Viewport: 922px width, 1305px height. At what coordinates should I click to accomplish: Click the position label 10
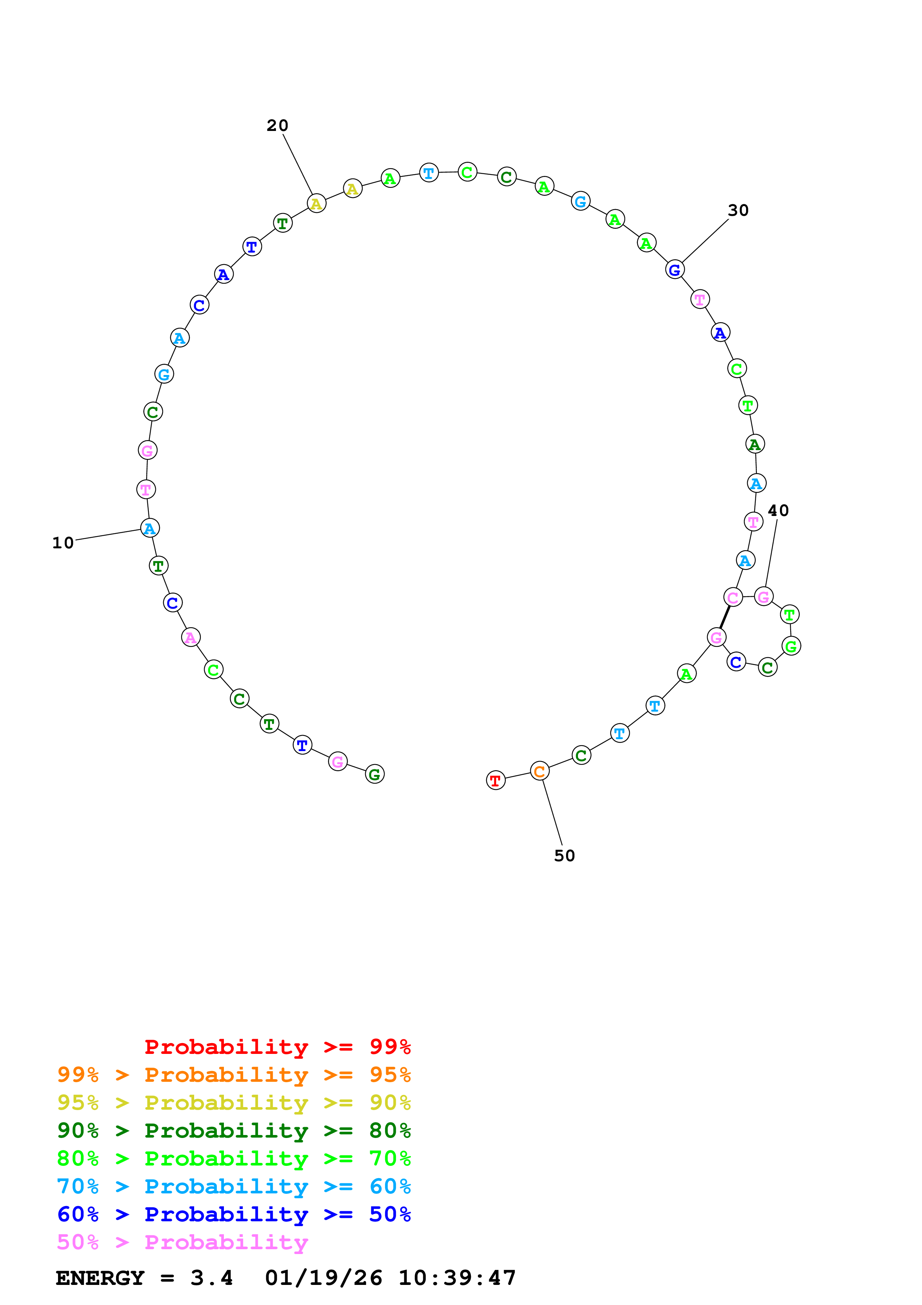[x=63, y=543]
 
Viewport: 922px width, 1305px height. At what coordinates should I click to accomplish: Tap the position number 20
[x=277, y=126]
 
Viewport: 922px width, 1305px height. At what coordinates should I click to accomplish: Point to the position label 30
[x=738, y=210]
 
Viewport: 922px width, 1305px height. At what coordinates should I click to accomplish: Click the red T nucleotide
[x=495, y=780]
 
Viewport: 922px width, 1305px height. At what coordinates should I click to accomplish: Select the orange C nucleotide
[x=539, y=771]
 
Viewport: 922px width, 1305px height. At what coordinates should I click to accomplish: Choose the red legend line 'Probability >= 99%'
[x=277, y=1046]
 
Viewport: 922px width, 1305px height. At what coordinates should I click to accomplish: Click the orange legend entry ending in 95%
[x=234, y=1074]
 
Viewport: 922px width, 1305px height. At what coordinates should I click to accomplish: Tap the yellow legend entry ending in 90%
[x=234, y=1102]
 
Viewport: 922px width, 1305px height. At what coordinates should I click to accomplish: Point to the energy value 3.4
[x=211, y=1278]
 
